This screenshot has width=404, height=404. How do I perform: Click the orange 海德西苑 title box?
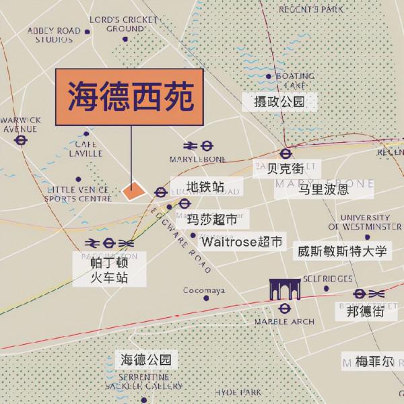[129, 99]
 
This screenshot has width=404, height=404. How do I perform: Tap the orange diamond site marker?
[133, 191]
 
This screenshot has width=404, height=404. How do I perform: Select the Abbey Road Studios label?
[54, 35]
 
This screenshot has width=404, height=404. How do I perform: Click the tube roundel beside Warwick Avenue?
[21, 140]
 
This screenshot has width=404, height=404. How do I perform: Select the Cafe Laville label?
[86, 148]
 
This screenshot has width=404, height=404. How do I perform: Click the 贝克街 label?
[281, 168]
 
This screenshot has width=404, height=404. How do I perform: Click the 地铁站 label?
[205, 187]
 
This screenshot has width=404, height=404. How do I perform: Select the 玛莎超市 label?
[212, 220]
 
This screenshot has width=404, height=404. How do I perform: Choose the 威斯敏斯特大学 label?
[342, 252]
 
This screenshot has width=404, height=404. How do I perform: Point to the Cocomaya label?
[204, 291]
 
